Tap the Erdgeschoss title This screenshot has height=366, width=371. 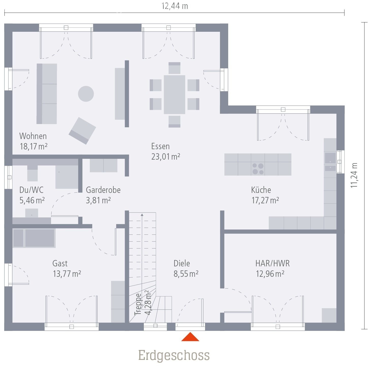pyautogui.click(x=174, y=355)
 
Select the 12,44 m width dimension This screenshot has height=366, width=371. pyautogui.click(x=175, y=6)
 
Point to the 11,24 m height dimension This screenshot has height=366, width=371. pyautogui.click(x=354, y=175)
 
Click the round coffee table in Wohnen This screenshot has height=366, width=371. pyautogui.click(x=86, y=94)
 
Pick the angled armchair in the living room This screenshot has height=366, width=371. pyautogui.click(x=82, y=131)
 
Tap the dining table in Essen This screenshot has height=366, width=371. pyautogui.click(x=174, y=94)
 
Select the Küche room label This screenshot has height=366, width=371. pyautogui.click(x=261, y=190)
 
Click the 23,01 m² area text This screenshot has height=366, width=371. pyautogui.click(x=166, y=157)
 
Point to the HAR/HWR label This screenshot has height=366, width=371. pyautogui.click(x=272, y=263)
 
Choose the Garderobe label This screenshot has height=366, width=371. pyautogui.click(x=103, y=190)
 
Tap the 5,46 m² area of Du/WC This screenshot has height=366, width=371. pyautogui.click(x=32, y=201)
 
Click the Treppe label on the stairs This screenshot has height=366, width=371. pyautogui.click(x=138, y=304)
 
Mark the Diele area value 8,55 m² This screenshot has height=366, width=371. pyautogui.click(x=186, y=274)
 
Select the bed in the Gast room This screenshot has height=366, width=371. pyautogui.click(x=34, y=238)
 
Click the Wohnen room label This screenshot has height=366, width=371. pyautogui.click(x=33, y=136)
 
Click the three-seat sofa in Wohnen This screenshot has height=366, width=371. pyautogui.click(x=47, y=94)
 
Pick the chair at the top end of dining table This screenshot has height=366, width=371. pyautogui.click(x=174, y=68)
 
